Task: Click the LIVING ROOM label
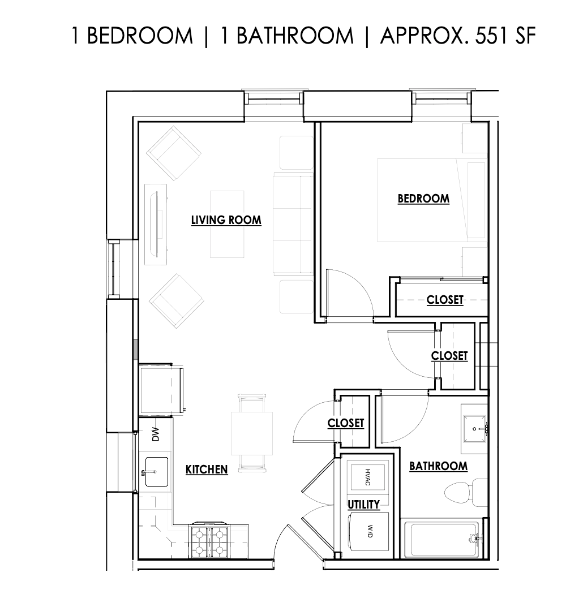pos(226,220)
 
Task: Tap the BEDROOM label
pos(423,199)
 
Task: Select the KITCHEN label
pos(207,469)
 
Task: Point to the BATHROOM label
pos(438,466)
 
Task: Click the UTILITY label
pos(363,504)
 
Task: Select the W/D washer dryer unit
pos(368,531)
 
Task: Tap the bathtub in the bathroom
pos(441,539)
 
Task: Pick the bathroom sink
pos(473,428)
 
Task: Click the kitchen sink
pos(156,471)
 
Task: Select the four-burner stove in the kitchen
pos(208,540)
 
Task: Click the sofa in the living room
pos(293,223)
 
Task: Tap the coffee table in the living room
pos(228,223)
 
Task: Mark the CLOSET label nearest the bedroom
pos(445,300)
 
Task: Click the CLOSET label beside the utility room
pos(346,423)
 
